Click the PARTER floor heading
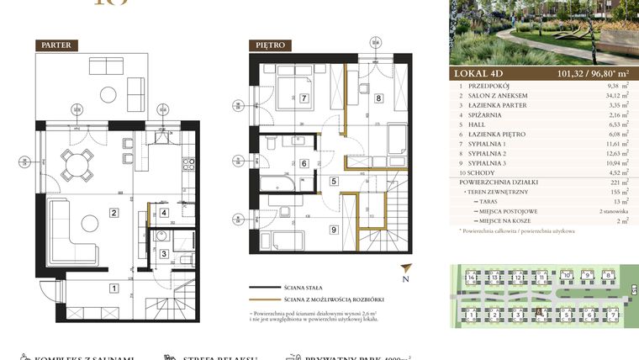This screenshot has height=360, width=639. click(58, 45)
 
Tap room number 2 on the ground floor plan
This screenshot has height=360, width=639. click(114, 213)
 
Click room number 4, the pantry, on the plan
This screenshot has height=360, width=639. click(165, 213)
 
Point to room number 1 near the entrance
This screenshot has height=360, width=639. click(114, 289)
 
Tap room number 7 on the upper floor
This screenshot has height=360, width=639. click(304, 98)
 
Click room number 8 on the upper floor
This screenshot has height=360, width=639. click(379, 98)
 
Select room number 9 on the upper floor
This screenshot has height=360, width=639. click(333, 229)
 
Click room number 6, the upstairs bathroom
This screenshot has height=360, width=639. click(304, 163)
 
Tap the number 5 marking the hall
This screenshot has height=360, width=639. click(333, 180)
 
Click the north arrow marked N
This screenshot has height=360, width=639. click(404, 273)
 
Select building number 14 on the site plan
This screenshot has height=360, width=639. click(473, 277)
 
